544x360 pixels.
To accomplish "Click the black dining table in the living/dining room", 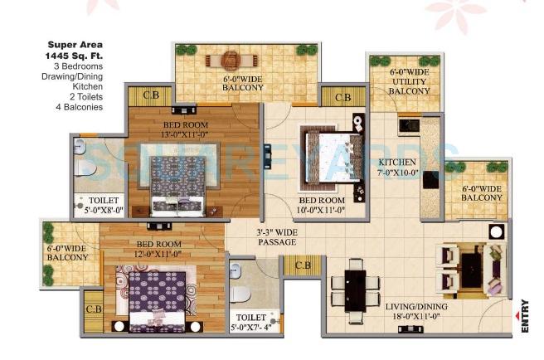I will (x=355, y=287).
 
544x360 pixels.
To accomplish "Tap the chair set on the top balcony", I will (x=231, y=61).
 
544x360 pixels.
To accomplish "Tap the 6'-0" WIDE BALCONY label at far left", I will (x=66, y=252).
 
